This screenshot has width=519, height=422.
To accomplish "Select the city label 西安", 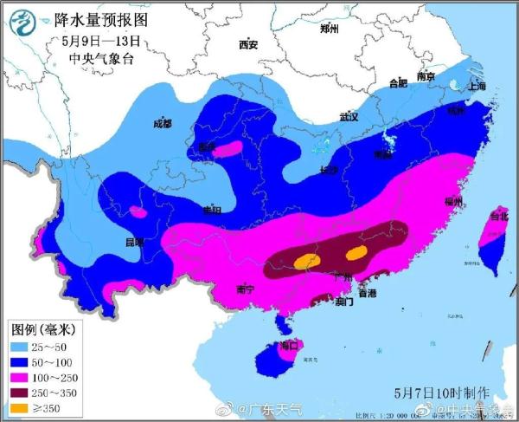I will (x=248, y=44).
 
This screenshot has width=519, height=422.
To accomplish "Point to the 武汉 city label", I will (x=349, y=116).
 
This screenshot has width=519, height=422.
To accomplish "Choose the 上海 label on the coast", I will (x=476, y=86).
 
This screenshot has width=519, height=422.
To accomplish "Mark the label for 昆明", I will (x=135, y=242).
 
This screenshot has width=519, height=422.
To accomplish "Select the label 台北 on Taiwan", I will (x=499, y=215).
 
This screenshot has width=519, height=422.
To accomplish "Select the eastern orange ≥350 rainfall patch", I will (x=356, y=253).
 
